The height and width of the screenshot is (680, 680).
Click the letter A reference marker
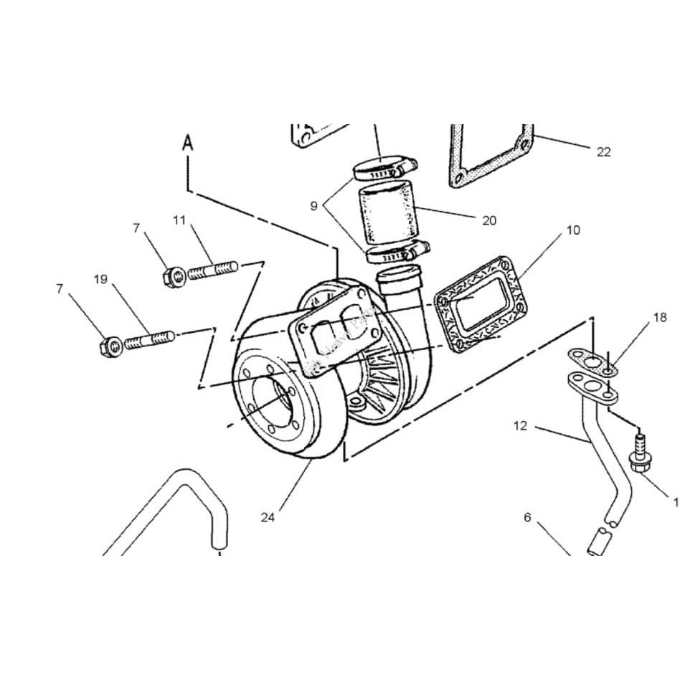point(188,141)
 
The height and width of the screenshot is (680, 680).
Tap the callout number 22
point(603,151)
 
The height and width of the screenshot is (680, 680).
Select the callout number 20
point(489,220)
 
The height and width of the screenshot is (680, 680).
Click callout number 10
point(573,230)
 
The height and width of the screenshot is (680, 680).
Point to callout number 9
point(313,206)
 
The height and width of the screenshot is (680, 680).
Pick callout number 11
point(179,219)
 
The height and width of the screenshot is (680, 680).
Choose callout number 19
point(100,279)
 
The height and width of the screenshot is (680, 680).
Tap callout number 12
point(520,425)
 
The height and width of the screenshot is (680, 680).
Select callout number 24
point(268,518)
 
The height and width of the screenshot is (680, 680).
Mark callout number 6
point(527,517)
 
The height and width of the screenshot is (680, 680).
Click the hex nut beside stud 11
point(172,274)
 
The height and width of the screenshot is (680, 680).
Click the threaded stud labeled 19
point(149,338)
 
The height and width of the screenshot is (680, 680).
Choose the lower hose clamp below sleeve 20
point(396,252)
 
